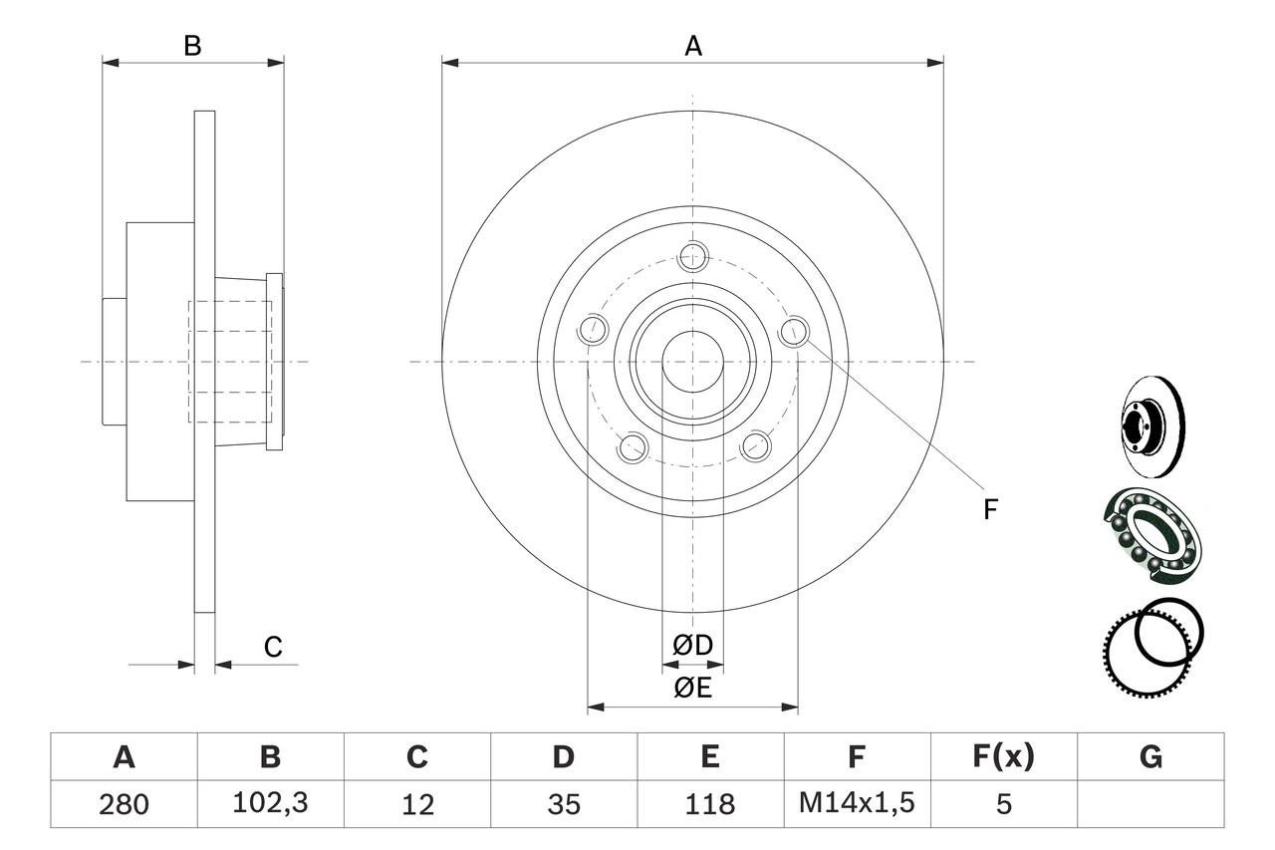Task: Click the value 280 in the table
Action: (124, 804)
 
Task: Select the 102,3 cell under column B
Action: (270, 804)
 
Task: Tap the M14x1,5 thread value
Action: (857, 804)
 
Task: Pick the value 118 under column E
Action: (710, 804)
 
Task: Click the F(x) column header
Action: (1003, 757)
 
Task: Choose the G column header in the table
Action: (1150, 757)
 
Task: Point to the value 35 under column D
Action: (564, 804)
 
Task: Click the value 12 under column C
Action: (416, 804)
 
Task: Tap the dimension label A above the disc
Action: (693, 45)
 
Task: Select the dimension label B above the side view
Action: (192, 45)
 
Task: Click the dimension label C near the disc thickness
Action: (273, 648)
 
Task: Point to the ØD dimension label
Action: (693, 646)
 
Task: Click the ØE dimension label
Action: (693, 688)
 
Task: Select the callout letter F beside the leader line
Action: (989, 509)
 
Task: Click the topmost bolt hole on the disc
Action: (692, 256)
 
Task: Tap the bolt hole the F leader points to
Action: (794, 332)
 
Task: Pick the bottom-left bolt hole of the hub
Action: (633, 447)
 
